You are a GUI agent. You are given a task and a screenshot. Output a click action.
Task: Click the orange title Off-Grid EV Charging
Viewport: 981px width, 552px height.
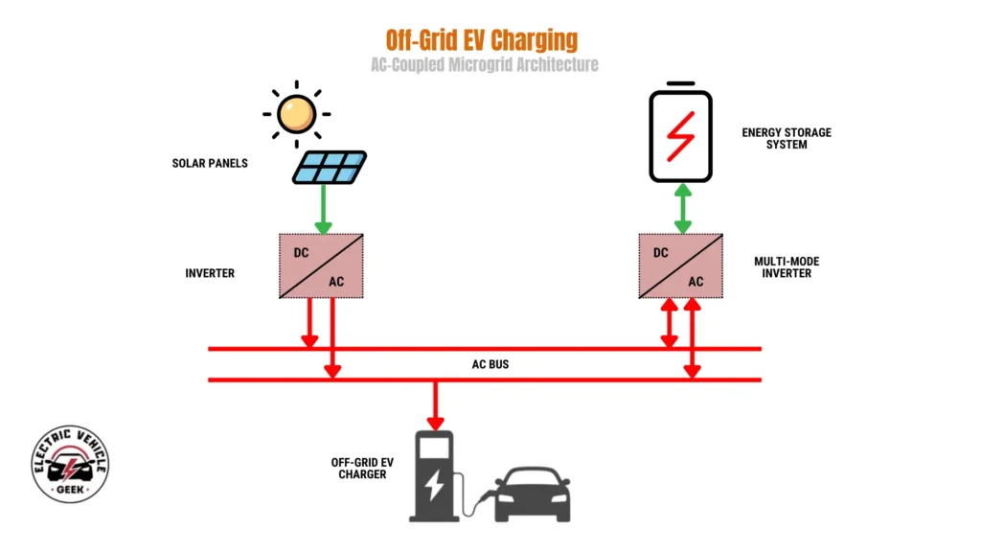click(x=482, y=40)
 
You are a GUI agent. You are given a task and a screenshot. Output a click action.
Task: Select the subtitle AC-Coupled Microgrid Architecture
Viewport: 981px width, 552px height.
click(x=485, y=65)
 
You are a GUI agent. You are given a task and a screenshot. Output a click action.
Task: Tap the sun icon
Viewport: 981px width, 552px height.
click(x=295, y=114)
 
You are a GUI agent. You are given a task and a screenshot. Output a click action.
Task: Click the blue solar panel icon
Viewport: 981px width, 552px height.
click(x=330, y=167)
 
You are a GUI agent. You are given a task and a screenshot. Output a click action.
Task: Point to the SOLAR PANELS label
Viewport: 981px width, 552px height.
click(x=210, y=163)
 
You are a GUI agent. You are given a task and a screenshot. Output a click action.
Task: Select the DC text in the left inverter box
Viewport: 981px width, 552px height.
click(x=302, y=252)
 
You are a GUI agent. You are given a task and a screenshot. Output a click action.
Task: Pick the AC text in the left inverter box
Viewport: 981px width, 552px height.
click(x=335, y=281)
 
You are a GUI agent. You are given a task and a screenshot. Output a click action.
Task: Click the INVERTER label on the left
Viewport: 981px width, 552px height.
click(x=210, y=273)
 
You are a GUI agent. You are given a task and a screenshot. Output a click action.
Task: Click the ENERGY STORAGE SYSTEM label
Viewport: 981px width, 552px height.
click(x=787, y=138)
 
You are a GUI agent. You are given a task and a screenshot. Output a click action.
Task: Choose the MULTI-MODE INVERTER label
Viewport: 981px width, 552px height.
click(x=786, y=266)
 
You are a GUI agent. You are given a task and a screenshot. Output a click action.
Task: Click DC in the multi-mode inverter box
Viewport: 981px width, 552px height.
click(x=660, y=252)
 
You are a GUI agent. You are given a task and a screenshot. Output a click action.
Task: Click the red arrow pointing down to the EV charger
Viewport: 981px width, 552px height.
click(x=436, y=404)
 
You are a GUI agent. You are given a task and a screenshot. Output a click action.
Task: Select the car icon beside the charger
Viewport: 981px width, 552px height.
click(x=532, y=494)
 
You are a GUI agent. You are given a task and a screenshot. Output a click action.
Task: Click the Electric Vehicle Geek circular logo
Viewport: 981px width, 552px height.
click(x=70, y=464)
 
